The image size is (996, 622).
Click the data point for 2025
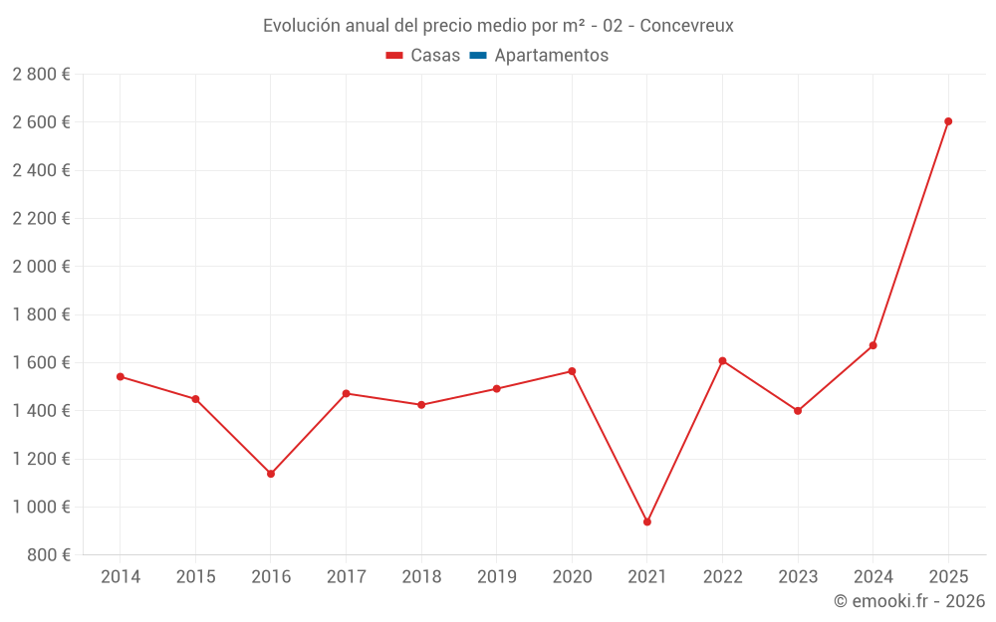[x=948, y=121]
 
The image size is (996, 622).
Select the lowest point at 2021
[x=647, y=521]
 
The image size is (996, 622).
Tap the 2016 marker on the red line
[x=271, y=474]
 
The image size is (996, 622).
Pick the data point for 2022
[x=722, y=360]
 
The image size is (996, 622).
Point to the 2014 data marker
[x=121, y=376]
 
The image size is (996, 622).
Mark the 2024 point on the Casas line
[x=873, y=345]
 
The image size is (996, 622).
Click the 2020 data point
[x=572, y=371]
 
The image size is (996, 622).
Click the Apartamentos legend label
[x=551, y=56]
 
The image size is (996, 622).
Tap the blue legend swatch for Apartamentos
[x=478, y=56]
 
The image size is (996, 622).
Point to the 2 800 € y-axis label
[x=41, y=75]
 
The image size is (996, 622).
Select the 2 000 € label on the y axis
[x=41, y=267]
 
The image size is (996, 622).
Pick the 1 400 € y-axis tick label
[x=41, y=410]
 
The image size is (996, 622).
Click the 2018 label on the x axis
[x=421, y=577]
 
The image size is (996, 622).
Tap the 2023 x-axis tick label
[x=798, y=577]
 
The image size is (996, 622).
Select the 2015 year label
[x=195, y=577]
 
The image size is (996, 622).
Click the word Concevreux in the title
[x=686, y=26]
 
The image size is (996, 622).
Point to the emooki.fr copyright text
[x=909, y=601]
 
